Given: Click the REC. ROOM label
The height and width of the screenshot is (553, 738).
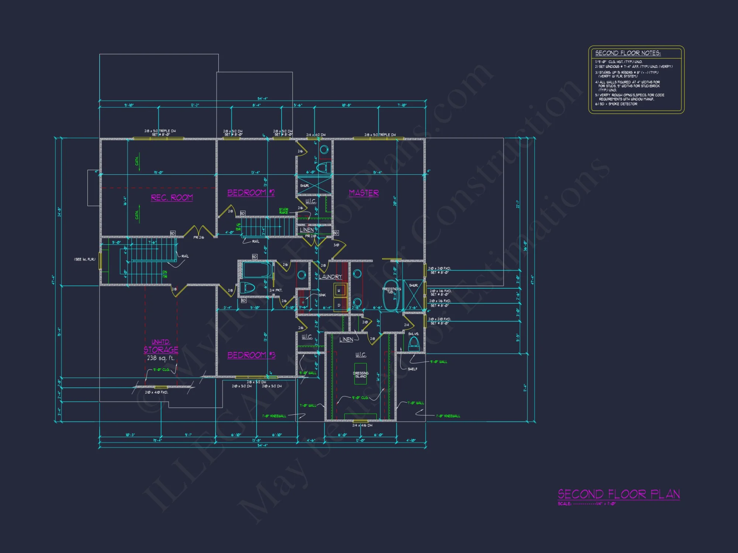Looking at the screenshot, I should click(x=172, y=198).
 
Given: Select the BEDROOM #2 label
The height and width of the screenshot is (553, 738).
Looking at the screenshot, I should click(x=251, y=193).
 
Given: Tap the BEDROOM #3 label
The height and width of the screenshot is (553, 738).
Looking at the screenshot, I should click(x=251, y=355).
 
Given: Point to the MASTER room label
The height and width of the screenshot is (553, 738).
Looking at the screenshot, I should click(x=364, y=193).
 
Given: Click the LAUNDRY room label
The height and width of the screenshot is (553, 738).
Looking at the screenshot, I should click(x=331, y=277).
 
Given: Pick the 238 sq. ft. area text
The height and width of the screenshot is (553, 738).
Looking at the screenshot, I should click(x=161, y=358).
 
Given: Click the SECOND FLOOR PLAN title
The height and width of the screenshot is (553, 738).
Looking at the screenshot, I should click(x=618, y=494).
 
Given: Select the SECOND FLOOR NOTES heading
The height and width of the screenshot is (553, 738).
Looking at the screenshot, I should click(x=628, y=53).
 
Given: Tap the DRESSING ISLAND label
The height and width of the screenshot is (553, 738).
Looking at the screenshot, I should click(x=361, y=375).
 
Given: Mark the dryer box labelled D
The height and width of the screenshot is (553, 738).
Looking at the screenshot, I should click(x=339, y=305).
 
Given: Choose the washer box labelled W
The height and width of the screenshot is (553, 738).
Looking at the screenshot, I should click(x=339, y=291).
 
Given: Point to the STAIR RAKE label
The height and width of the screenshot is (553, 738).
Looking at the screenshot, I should click(x=283, y=211).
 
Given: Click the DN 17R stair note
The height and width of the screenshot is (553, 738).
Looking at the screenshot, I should click(x=165, y=274).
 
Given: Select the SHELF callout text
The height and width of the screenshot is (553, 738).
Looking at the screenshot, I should click(x=413, y=369).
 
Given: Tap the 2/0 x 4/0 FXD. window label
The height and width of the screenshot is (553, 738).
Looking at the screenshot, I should click(x=156, y=392).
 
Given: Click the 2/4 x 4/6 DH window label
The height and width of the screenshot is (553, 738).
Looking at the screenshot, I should click(x=362, y=425).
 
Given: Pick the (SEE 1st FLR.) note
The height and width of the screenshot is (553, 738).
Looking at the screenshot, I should click(x=85, y=260).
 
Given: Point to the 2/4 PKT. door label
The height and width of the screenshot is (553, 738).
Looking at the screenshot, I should click(x=276, y=291).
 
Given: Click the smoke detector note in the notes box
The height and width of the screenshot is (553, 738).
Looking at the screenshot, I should click(x=616, y=104).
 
